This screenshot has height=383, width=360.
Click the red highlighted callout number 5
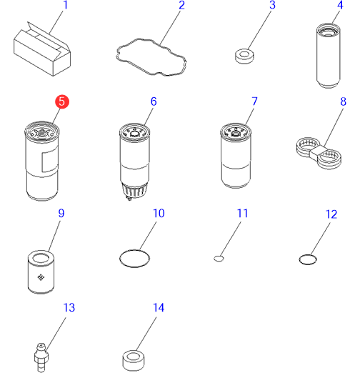pos(62,101)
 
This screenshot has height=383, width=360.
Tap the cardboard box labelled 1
pos(42,49)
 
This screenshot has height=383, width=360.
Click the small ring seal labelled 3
pos(244,56)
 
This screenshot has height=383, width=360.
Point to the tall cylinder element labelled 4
pos(329,56)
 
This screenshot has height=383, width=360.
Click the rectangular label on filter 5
pos(50,161)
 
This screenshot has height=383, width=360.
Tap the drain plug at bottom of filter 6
pos(129,198)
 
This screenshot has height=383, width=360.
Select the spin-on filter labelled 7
pos(236,156)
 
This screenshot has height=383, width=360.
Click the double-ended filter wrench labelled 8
pos(319,153)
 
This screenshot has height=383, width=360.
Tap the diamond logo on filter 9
pos(41,277)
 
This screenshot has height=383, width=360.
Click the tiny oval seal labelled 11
pos(219,259)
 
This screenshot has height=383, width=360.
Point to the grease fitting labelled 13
pos(41,357)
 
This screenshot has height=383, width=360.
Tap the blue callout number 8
pos(343,101)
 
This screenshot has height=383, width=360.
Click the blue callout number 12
pos(331,214)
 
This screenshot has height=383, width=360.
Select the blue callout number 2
pos(181,6)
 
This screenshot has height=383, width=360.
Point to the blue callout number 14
pos(159,308)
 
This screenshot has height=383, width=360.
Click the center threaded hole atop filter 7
pos(236,134)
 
